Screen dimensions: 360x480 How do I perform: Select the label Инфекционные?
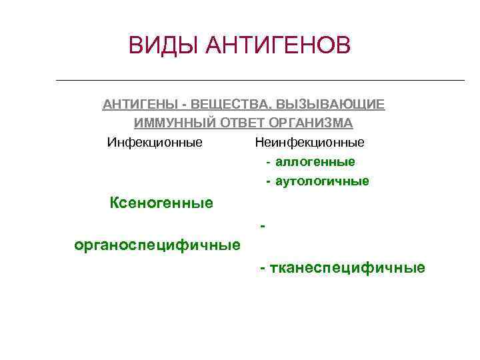pos(155,143)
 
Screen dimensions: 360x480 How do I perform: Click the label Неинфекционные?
pos(309,143)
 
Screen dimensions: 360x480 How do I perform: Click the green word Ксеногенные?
pos(161,203)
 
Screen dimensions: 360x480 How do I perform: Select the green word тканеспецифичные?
pos(347,268)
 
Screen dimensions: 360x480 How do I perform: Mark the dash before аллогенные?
pos(268,162)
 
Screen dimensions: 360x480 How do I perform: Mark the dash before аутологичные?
pos(268,181)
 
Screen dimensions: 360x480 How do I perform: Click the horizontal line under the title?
pos(260,81)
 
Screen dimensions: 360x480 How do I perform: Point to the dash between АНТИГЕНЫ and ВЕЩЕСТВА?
pos(183,105)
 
